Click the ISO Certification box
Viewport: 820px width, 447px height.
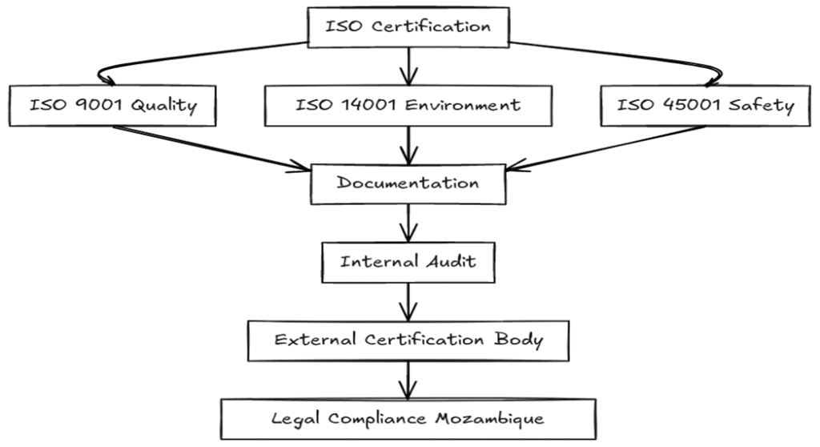click(x=408, y=26)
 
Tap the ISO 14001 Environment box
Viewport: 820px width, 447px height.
click(x=408, y=105)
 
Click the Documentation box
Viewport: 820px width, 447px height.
click(x=408, y=183)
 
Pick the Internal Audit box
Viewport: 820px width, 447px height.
click(x=408, y=262)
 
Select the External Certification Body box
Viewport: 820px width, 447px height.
click(x=408, y=340)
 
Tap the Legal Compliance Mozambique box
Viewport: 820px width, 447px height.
click(x=408, y=418)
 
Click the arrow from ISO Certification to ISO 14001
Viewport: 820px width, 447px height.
click(x=408, y=64)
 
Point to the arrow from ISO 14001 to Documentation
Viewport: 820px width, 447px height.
click(x=408, y=144)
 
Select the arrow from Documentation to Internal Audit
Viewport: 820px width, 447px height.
click(x=408, y=223)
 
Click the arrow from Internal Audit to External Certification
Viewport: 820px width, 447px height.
click(x=408, y=300)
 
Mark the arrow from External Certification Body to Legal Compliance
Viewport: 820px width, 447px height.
click(x=408, y=379)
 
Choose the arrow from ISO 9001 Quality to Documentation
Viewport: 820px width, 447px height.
click(x=216, y=147)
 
